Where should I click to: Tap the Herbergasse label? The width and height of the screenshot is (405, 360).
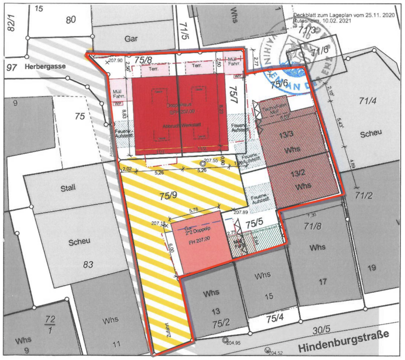[x=45, y=67]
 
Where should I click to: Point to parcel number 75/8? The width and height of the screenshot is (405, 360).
[x=145, y=60]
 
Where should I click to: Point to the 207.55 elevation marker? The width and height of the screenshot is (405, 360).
[x=211, y=160]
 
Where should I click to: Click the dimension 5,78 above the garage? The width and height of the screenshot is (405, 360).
[x=195, y=209]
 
